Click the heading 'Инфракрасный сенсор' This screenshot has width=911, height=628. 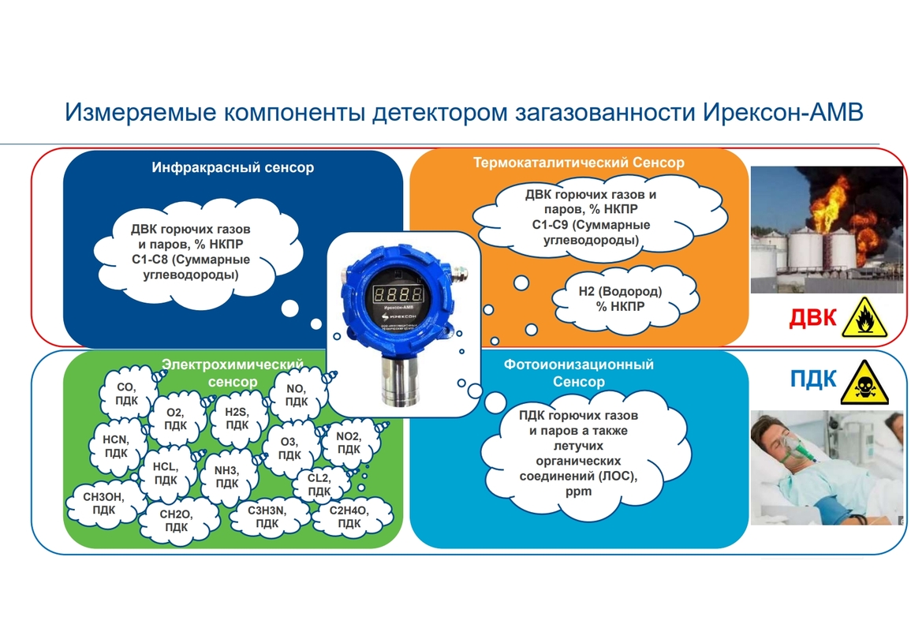233,167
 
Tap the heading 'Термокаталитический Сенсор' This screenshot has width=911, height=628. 579,162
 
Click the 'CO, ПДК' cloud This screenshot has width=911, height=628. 126,394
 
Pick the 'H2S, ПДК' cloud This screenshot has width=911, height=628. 237,418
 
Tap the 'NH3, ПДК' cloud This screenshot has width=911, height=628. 226,477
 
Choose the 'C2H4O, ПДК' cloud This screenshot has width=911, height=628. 349,517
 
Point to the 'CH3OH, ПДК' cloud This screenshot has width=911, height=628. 103,503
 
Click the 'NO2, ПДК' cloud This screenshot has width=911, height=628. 349,443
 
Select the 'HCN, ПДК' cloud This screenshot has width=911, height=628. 116,447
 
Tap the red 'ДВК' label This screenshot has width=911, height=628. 812,318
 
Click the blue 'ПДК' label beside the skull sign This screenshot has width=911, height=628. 813,379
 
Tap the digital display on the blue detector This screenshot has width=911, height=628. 398,293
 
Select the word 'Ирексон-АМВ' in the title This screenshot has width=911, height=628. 783,112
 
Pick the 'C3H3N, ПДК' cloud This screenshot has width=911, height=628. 267,517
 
